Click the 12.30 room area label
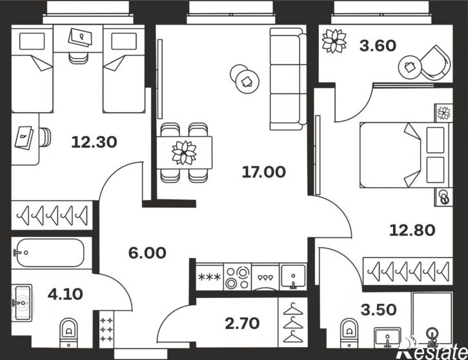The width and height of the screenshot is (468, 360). pyautogui.click(x=94, y=141)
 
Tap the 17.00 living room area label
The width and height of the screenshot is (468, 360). pyautogui.click(x=263, y=172)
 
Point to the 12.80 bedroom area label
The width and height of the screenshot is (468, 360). pyautogui.click(x=412, y=229)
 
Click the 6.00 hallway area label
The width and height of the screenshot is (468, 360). pyautogui.click(x=147, y=253)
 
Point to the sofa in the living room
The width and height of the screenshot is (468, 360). pyautogui.click(x=285, y=78)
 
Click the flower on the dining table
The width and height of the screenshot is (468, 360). pyautogui.click(x=184, y=152)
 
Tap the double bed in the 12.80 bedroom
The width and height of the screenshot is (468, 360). pyautogui.click(x=403, y=154)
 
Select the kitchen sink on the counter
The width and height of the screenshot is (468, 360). pyautogui.click(x=293, y=277)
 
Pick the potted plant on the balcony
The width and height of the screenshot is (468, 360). pyautogui.click(x=335, y=41)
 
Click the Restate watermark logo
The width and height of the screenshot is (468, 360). pyautogui.click(x=431, y=349)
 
